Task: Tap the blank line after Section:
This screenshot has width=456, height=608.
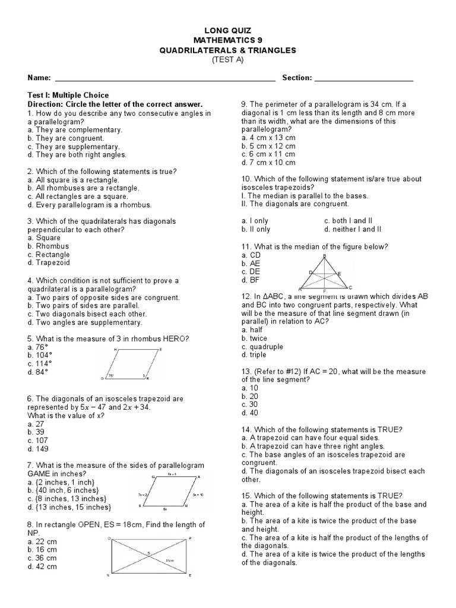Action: (363, 79)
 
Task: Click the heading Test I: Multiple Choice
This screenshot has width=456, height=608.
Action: (68, 95)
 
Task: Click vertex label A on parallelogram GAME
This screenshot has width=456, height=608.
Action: (198, 477)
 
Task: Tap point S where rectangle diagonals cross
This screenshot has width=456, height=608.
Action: (149, 553)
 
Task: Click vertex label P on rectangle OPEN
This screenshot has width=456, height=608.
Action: (189, 539)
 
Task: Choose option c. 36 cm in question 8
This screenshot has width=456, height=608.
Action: (42, 558)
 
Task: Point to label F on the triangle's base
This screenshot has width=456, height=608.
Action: (324, 291)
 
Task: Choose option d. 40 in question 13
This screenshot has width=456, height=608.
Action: (250, 413)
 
